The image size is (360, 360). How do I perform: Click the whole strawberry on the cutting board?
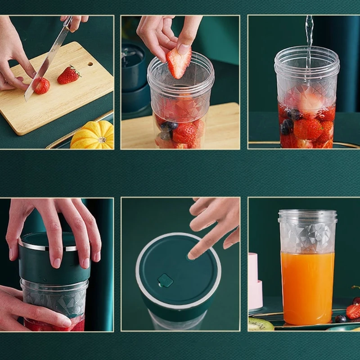coord(68,75)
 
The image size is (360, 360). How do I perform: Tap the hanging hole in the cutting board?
coord(90,63)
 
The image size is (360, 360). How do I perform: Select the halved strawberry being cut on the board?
coord(42,85)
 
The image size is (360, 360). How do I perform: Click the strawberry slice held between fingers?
coord(179,62)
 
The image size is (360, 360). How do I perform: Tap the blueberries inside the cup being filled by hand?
coord(168,128)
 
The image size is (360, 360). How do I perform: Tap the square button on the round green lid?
coord(165,281)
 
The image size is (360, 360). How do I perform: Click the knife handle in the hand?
coord(67,22)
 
